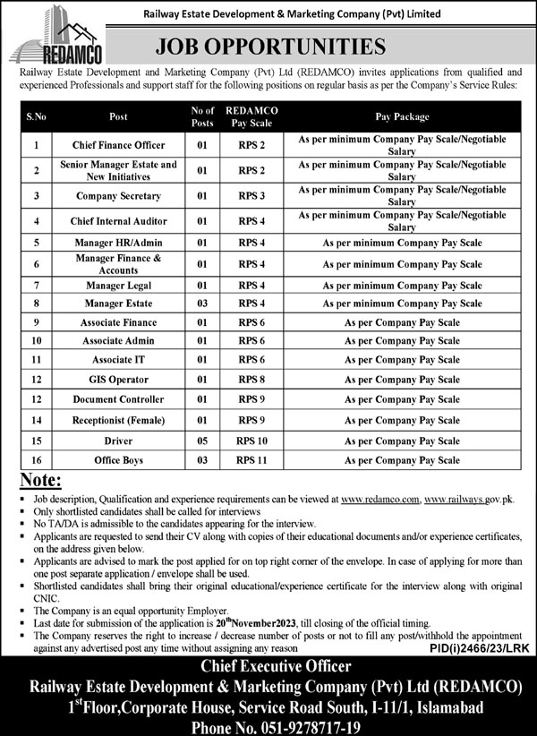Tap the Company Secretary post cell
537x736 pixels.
coord(119,195)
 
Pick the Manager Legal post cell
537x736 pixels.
coord(119,285)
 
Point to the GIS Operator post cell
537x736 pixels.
coord(119,380)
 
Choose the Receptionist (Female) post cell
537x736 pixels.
coord(119,419)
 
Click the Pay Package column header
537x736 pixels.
coord(403,116)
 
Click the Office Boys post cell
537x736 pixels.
coord(119,460)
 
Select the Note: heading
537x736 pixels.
coord(41,481)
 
